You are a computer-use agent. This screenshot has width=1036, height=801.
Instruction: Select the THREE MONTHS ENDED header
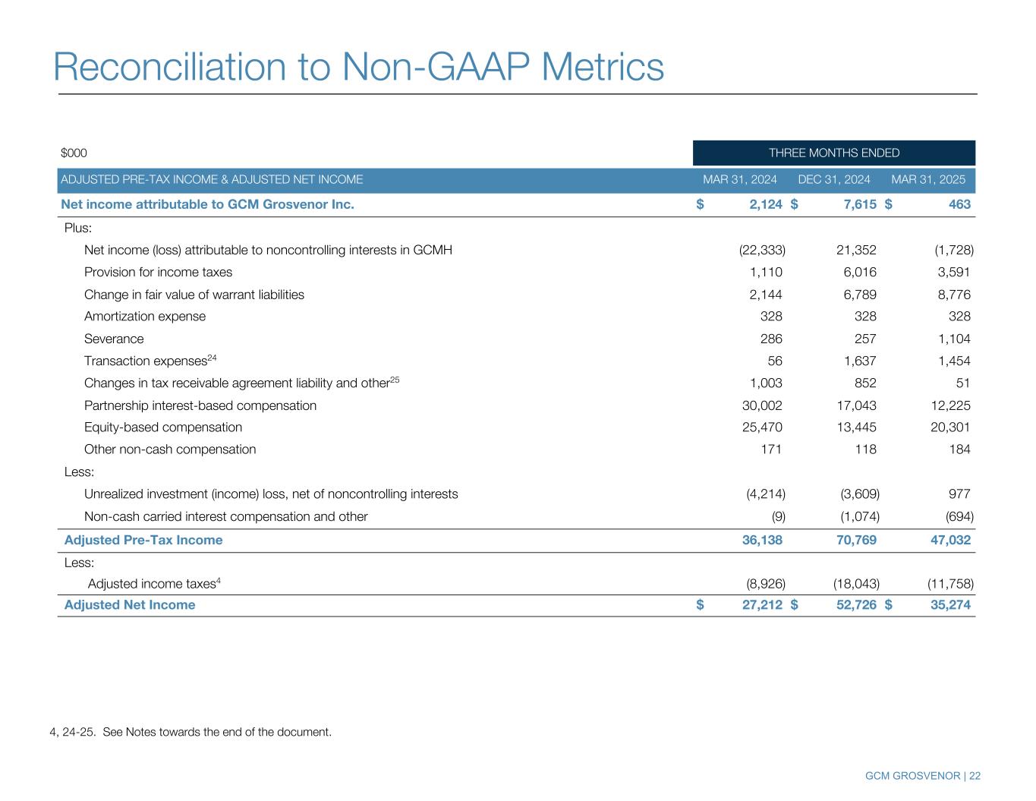tap(833, 153)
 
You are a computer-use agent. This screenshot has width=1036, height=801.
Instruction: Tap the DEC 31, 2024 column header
tap(834, 180)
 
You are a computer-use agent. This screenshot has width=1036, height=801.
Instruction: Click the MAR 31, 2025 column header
tap(928, 180)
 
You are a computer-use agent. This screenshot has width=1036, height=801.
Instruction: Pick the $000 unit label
tap(74, 153)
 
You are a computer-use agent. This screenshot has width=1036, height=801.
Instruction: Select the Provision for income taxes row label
tap(158, 272)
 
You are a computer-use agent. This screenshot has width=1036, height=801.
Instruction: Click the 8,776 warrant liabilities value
tap(954, 295)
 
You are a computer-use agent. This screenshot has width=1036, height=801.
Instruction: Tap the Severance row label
tap(114, 339)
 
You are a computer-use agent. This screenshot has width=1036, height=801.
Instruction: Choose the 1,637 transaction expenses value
tap(860, 361)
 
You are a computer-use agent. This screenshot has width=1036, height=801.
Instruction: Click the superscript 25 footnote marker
tap(395, 380)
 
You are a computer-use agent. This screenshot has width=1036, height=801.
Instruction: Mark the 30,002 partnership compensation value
tap(762, 405)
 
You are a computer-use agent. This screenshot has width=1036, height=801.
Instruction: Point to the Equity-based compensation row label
tap(163, 427)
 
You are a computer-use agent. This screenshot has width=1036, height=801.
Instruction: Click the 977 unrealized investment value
tap(959, 494)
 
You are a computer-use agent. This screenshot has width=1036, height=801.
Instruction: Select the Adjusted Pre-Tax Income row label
tap(143, 541)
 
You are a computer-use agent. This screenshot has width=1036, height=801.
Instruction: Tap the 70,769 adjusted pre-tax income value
tap(855, 541)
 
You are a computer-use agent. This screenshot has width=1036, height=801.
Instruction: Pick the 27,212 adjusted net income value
tap(761, 605)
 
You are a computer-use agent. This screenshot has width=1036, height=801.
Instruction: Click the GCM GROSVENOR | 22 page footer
tap(922, 776)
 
